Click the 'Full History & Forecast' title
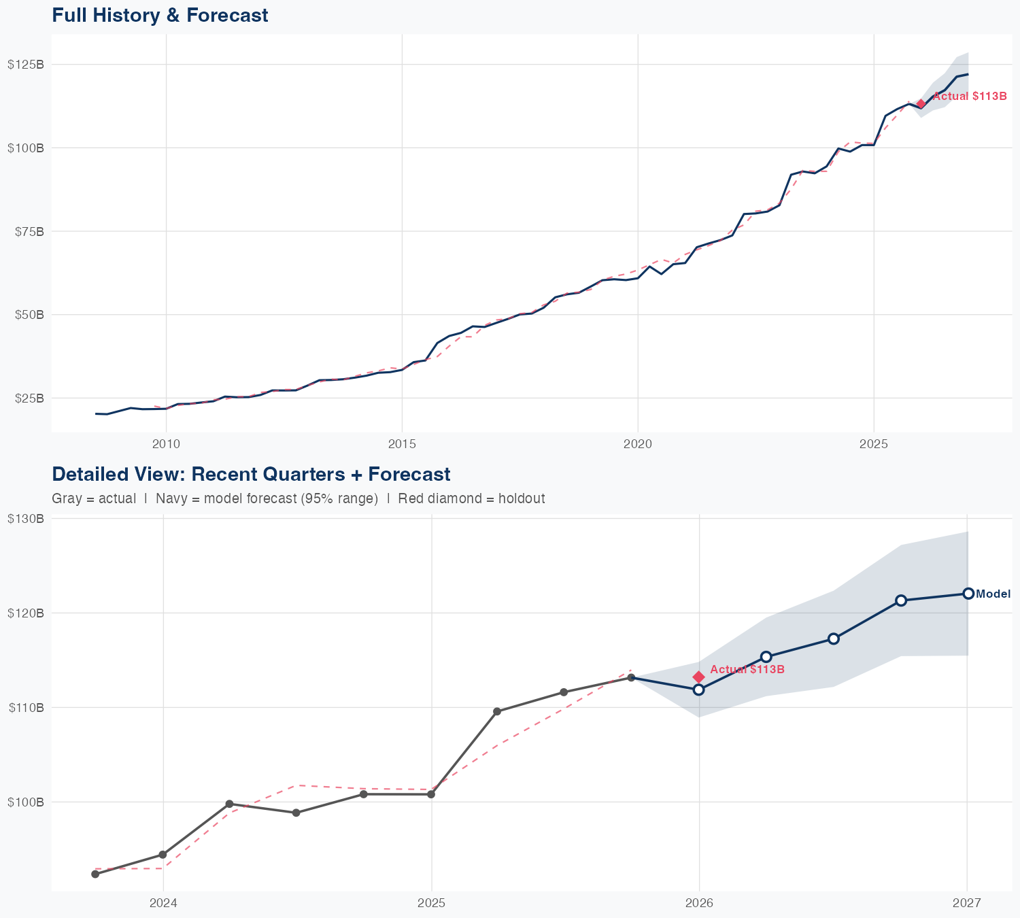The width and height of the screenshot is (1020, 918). click(160, 15)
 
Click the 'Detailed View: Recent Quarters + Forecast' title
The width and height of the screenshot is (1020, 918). click(251, 474)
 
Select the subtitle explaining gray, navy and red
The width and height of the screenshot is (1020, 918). click(298, 498)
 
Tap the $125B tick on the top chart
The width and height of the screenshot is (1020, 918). click(26, 65)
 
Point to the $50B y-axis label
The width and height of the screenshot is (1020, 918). click(28, 315)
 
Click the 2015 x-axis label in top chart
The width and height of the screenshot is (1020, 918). click(402, 444)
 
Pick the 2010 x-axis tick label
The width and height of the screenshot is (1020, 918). click(166, 444)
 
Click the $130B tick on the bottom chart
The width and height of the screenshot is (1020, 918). click(26, 519)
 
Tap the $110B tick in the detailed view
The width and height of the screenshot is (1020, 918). click(26, 708)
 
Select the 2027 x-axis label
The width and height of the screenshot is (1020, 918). click(967, 903)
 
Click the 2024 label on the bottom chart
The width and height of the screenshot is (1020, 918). click(163, 903)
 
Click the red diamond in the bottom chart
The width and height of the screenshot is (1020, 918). click(698, 677)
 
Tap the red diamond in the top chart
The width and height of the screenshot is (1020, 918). click(921, 104)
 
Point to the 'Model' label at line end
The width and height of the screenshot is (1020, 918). click(993, 594)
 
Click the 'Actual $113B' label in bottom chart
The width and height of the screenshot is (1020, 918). click(747, 670)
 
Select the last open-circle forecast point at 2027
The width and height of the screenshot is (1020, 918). click(968, 594)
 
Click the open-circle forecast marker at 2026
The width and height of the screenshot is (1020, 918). click(698, 690)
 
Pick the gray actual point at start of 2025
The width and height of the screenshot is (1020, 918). click(431, 794)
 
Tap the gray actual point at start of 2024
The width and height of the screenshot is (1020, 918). click(163, 854)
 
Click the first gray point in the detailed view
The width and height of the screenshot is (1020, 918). click(95, 874)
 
